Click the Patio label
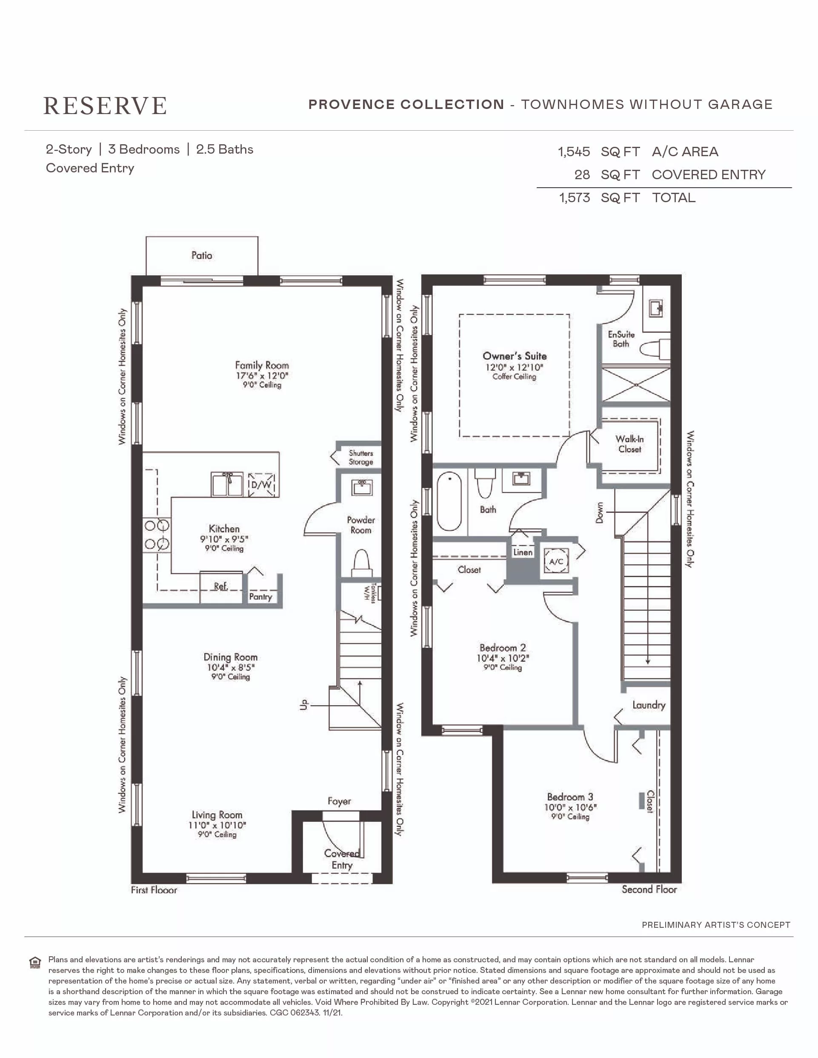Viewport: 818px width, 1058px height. [201, 255]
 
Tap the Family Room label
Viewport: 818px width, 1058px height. [262, 365]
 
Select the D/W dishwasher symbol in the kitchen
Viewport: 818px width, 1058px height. [261, 485]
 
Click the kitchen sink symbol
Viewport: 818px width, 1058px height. [227, 484]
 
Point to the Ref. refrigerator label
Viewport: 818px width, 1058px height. [221, 586]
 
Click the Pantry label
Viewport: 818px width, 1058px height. [260, 597]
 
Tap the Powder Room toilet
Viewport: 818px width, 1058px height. [361, 563]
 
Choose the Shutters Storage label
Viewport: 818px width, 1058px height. [361, 458]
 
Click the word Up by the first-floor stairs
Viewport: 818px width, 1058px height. [303, 704]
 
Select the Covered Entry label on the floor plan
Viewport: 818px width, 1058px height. [342, 859]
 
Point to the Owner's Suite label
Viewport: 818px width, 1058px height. [515, 356]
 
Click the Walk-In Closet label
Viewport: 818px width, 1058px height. [629, 444]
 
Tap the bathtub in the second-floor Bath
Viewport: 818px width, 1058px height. [449, 501]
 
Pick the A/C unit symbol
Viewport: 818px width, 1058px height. [556, 561]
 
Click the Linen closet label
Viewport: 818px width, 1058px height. [523, 552]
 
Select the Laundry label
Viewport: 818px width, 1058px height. [649, 705]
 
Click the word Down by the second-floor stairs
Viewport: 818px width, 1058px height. [600, 512]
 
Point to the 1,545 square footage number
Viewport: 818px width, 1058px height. [574, 152]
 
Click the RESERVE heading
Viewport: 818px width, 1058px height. [105, 106]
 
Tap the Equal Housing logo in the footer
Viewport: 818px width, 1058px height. [35, 963]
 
